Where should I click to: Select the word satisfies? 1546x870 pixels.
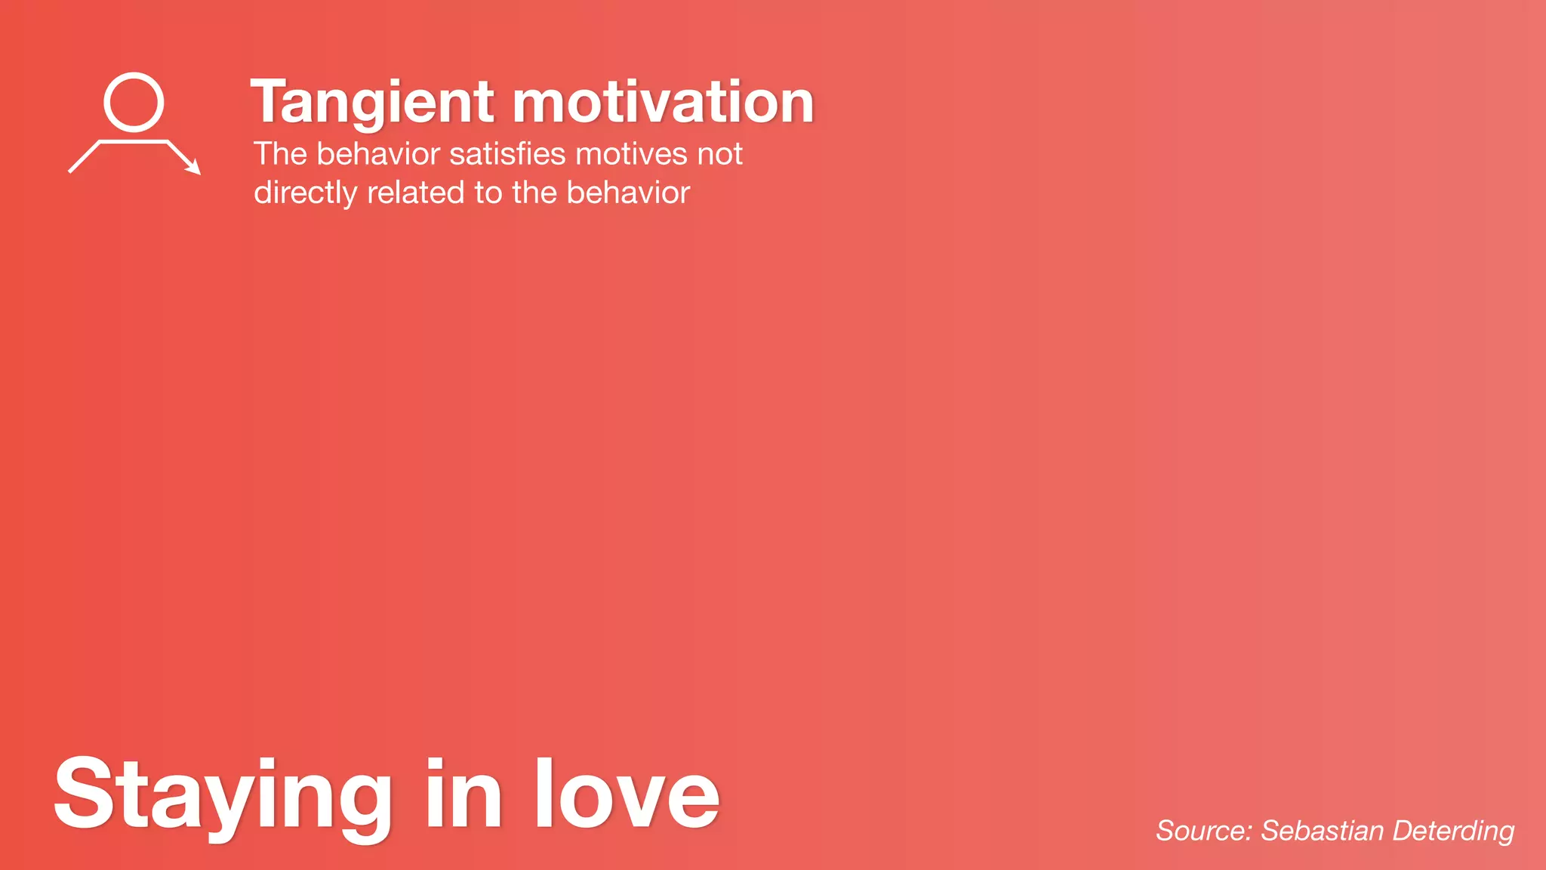pyautogui.click(x=507, y=154)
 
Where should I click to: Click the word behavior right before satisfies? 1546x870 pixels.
pyautogui.click(x=378, y=154)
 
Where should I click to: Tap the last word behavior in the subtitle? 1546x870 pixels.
pyautogui.click(x=628, y=193)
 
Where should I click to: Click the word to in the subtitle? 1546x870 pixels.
pyautogui.click(x=488, y=193)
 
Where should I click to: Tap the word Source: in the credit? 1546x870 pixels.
pyautogui.click(x=1204, y=831)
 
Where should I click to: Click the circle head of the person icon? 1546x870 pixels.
pyautogui.click(x=134, y=102)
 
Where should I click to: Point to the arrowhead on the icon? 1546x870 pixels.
pyautogui.click(x=194, y=168)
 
